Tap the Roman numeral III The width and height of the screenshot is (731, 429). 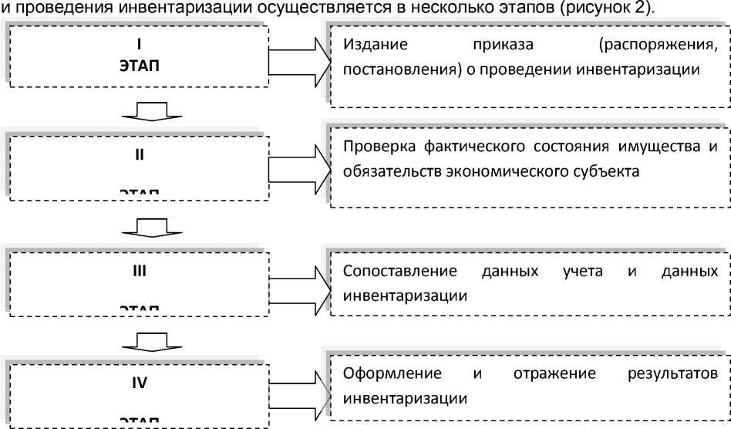click(139, 272)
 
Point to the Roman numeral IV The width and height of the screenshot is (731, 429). click(139, 380)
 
